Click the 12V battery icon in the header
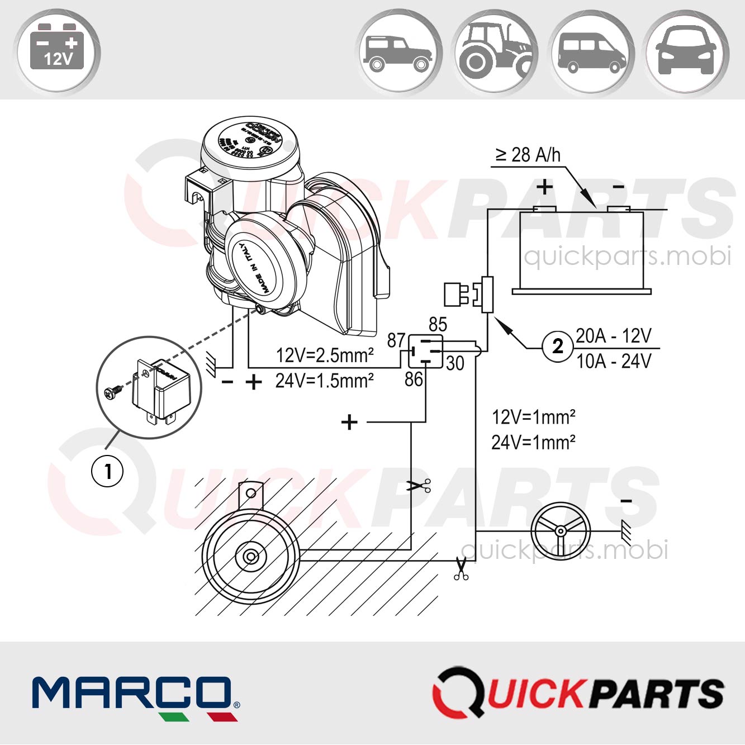click(x=57, y=51)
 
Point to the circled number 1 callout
click(x=107, y=471)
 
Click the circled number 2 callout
click(x=557, y=347)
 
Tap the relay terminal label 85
click(x=438, y=325)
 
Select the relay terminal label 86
click(x=414, y=379)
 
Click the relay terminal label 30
click(x=455, y=363)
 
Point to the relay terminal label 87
click(x=396, y=340)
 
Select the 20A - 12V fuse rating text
click(x=613, y=336)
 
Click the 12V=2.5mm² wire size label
click(x=325, y=355)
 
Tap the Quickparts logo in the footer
click(x=578, y=693)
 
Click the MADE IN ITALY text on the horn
click(x=254, y=268)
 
